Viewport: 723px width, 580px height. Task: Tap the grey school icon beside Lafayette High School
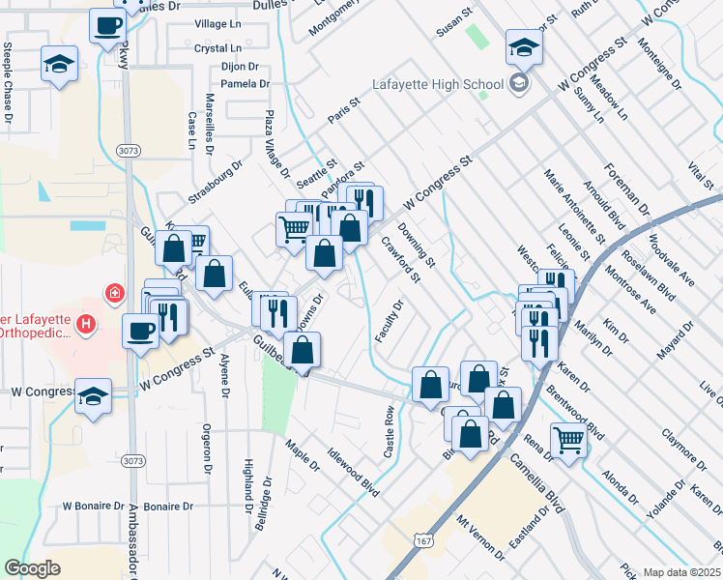tap(519, 83)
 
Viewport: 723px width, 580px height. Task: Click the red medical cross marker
tap(114, 292)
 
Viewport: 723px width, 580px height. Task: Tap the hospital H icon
tap(87, 323)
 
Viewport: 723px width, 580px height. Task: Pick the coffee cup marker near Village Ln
tap(107, 25)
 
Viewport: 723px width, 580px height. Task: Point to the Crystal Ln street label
tap(217, 48)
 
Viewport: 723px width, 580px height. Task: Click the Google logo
tap(32, 568)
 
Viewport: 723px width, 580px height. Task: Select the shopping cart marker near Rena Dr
tap(569, 440)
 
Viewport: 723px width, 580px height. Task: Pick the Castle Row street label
tap(390, 432)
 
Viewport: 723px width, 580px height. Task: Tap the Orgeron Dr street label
tap(206, 449)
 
